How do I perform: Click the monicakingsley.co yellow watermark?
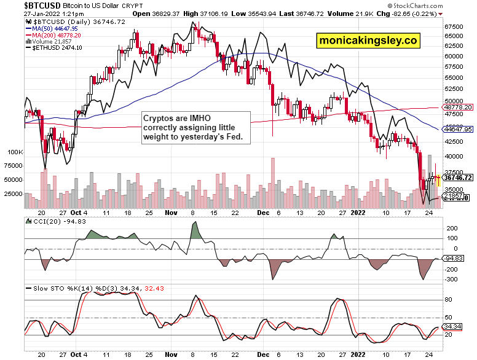[368, 41]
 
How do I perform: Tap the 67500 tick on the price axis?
[455, 27]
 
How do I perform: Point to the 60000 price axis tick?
[455, 57]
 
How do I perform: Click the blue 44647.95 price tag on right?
[459, 130]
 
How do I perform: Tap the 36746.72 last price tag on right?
[459, 178]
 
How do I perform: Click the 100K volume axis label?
[14, 151]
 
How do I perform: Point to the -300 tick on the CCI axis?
[452, 279]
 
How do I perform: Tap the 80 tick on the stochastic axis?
[449, 299]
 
